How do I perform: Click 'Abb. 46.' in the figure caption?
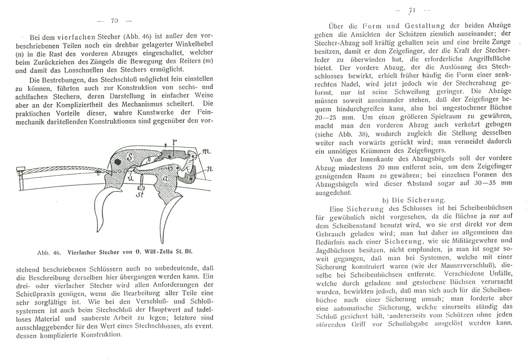click(50, 253)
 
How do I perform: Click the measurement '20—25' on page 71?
click(328, 117)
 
